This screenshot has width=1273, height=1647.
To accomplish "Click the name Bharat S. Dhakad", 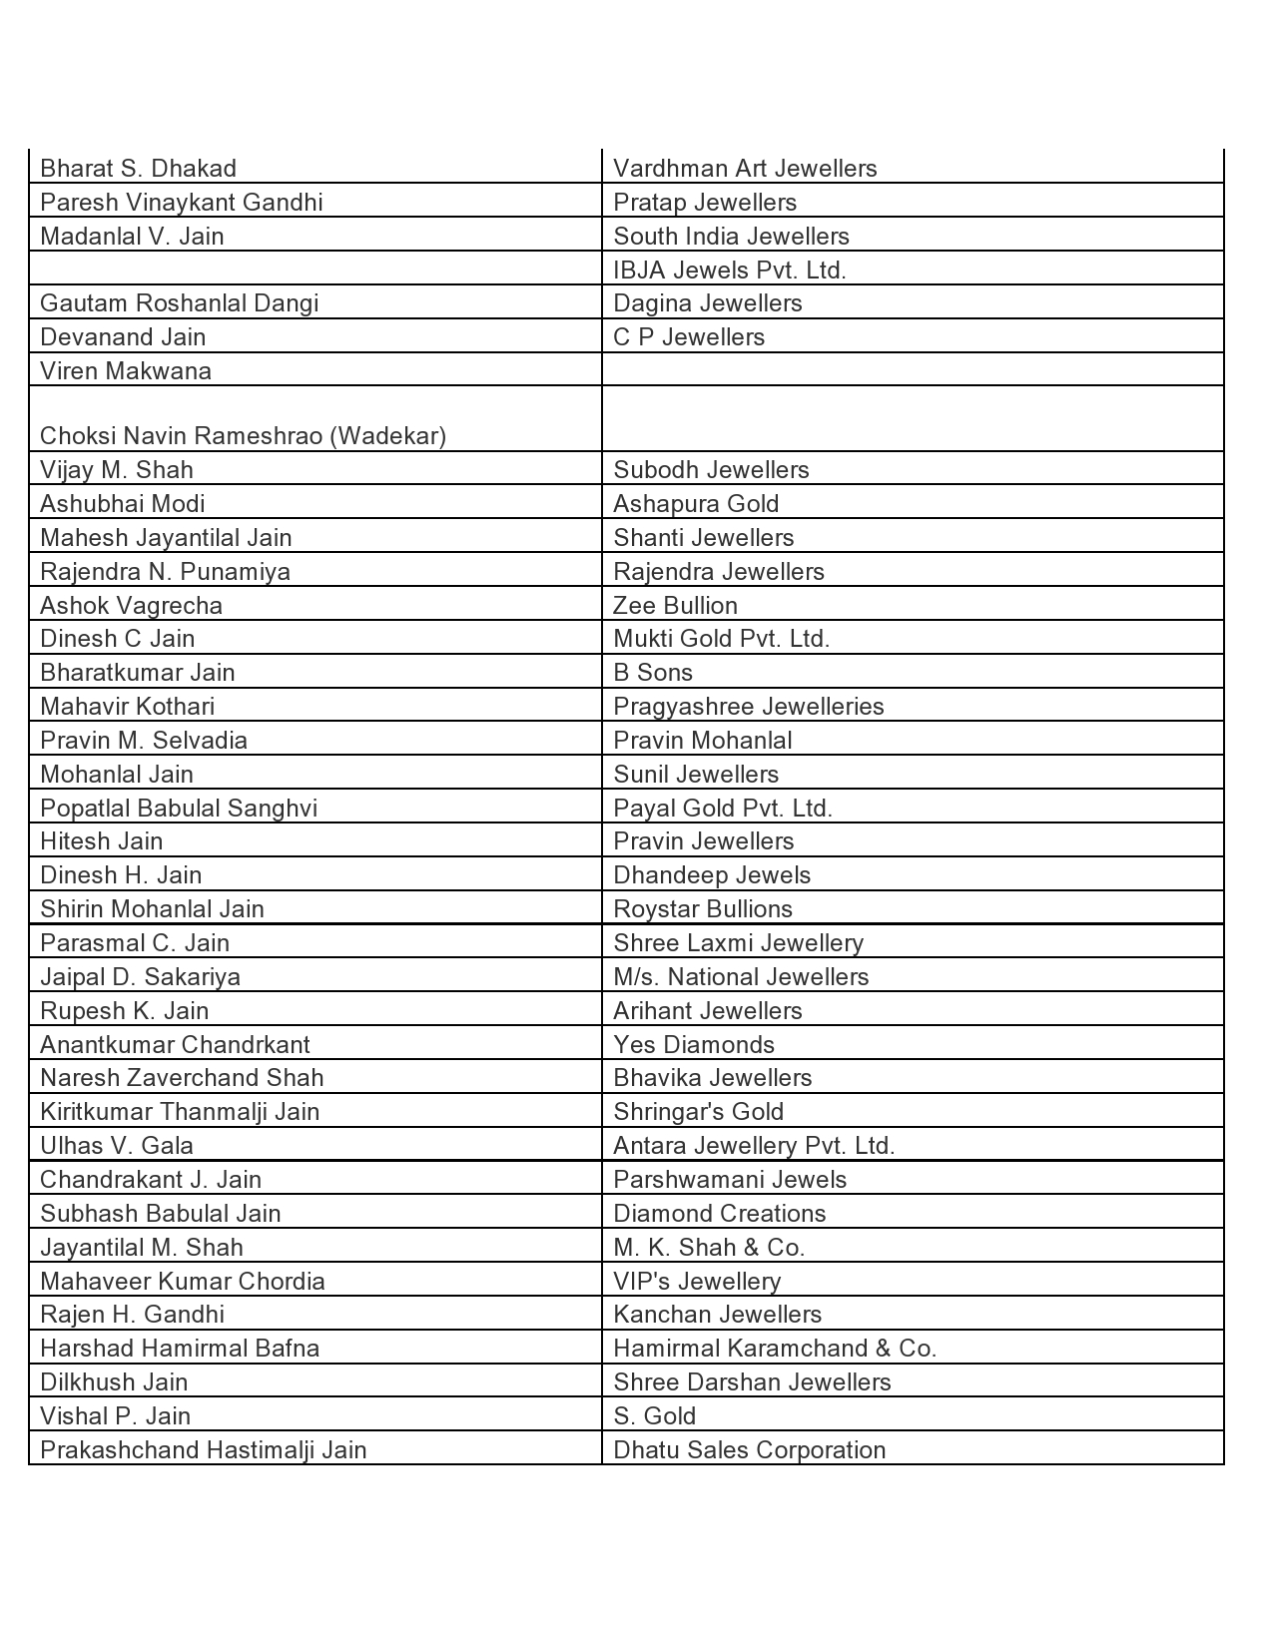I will (x=138, y=169).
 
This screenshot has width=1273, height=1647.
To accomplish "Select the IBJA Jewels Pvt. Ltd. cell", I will (x=729, y=271).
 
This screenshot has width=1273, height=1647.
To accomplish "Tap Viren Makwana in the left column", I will (x=126, y=371).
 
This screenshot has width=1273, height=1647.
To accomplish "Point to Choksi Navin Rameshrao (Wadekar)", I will (x=243, y=436).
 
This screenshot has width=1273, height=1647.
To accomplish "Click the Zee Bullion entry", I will (x=675, y=606).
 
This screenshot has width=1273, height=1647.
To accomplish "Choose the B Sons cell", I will (x=653, y=673).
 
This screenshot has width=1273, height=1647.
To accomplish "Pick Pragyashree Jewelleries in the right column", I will (x=748, y=707).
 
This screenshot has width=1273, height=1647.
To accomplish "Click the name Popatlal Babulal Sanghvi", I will (x=179, y=808).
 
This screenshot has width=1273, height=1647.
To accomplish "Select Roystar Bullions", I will (x=703, y=909).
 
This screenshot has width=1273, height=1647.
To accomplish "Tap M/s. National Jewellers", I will (x=741, y=977).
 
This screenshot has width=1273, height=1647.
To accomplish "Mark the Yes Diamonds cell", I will (x=694, y=1045).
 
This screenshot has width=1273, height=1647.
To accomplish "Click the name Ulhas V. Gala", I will (x=117, y=1146).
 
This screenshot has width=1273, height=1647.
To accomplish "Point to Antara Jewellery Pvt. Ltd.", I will (x=754, y=1146).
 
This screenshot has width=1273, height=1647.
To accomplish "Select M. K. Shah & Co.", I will (x=709, y=1248).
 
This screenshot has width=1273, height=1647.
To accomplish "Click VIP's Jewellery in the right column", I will (x=697, y=1282).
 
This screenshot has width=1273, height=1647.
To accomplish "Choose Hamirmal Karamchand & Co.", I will (x=775, y=1349).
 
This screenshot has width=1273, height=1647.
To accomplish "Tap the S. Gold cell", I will (x=654, y=1416).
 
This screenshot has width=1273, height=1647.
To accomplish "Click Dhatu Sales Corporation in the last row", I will (x=749, y=1450).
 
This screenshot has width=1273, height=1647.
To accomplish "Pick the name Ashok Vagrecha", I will (x=131, y=606).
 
